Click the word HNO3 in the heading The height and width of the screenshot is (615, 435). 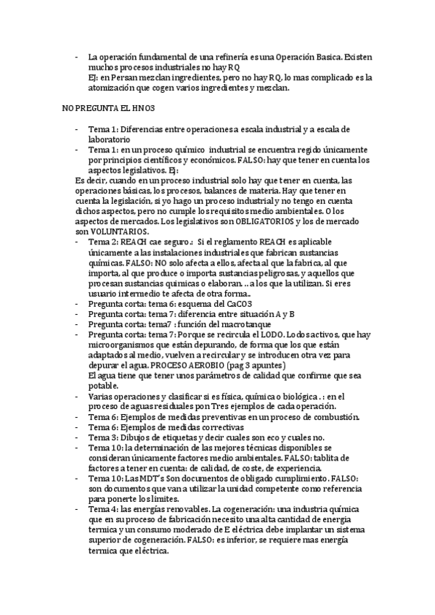click(137, 107)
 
